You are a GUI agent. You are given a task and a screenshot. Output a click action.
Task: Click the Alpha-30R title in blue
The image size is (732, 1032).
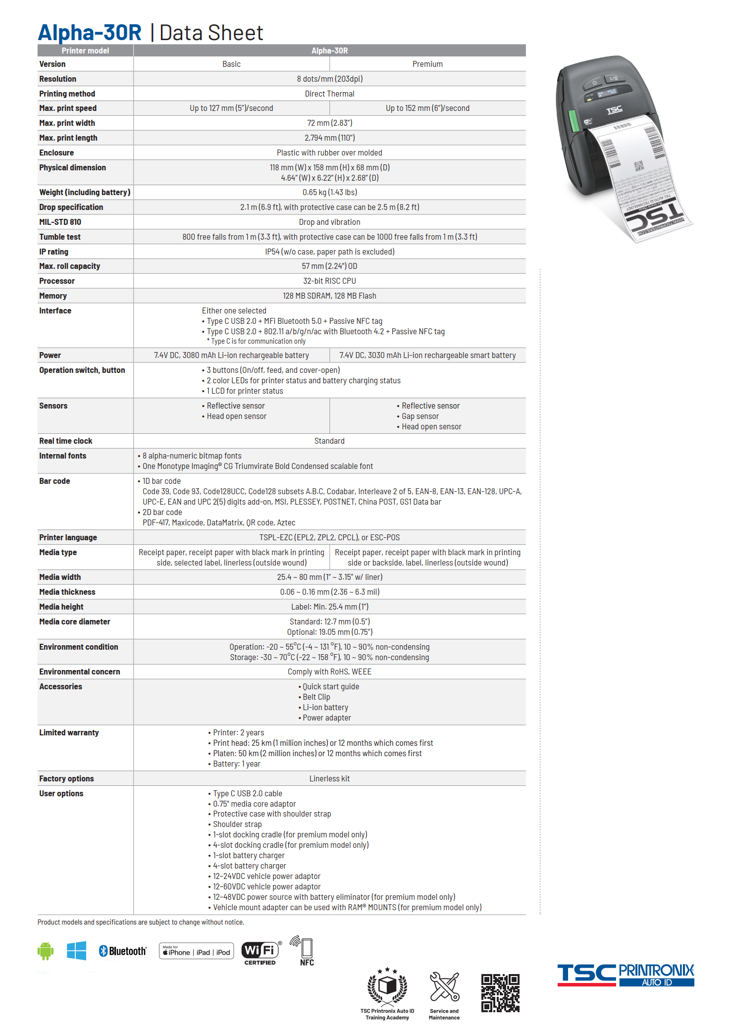click(x=90, y=33)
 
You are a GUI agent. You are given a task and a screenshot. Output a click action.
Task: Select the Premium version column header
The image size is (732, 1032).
click(x=427, y=64)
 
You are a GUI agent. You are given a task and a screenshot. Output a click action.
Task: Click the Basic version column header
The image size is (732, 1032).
click(x=231, y=64)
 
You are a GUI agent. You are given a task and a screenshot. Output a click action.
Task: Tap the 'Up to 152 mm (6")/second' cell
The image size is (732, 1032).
click(x=427, y=108)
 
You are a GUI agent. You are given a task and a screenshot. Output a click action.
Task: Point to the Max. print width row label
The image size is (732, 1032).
click(x=67, y=123)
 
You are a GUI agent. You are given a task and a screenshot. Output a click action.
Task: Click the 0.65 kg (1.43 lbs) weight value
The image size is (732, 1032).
click(x=329, y=193)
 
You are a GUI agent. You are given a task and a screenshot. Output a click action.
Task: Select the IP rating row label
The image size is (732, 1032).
click(x=54, y=252)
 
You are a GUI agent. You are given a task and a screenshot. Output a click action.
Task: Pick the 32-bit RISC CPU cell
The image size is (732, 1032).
click(x=329, y=281)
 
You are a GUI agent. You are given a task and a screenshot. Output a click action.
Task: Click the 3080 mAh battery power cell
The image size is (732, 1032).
click(x=231, y=356)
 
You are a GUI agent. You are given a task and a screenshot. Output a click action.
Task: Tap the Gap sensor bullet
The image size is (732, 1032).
click(x=420, y=416)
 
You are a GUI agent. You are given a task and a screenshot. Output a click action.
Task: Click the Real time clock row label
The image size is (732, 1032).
click(x=66, y=441)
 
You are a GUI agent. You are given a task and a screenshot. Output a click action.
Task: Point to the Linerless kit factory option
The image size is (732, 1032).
click(x=329, y=779)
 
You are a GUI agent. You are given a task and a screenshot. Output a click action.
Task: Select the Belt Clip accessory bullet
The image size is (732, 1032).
click(x=316, y=697)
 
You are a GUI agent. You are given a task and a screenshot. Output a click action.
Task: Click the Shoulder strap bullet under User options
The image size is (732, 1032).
click(x=237, y=825)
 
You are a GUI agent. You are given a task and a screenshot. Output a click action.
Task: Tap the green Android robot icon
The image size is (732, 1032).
click(x=46, y=951)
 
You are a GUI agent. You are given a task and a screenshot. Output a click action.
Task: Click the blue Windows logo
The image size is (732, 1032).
click(x=77, y=951)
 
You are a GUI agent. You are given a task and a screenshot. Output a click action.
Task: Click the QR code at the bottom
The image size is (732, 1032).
click(x=500, y=993)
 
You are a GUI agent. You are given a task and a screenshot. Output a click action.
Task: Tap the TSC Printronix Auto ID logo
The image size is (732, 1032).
click(x=626, y=975)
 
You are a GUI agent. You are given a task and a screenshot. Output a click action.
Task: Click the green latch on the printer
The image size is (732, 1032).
click(x=574, y=121)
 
